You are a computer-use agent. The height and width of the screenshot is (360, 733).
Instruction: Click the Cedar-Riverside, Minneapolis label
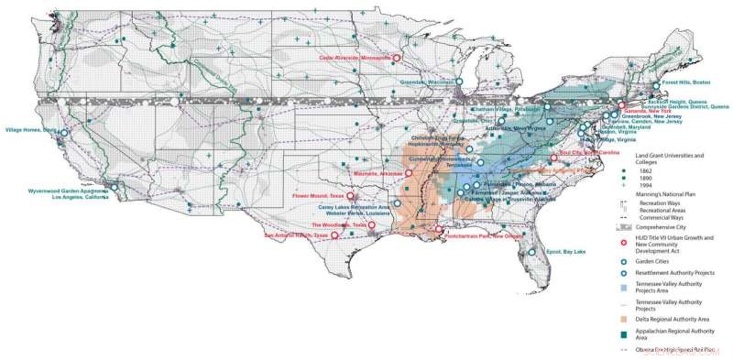point(356,58)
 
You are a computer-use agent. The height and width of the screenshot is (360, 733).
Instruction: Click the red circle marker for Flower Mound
point(350,195)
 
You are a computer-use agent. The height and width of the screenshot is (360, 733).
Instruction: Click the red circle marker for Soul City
point(554,158)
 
